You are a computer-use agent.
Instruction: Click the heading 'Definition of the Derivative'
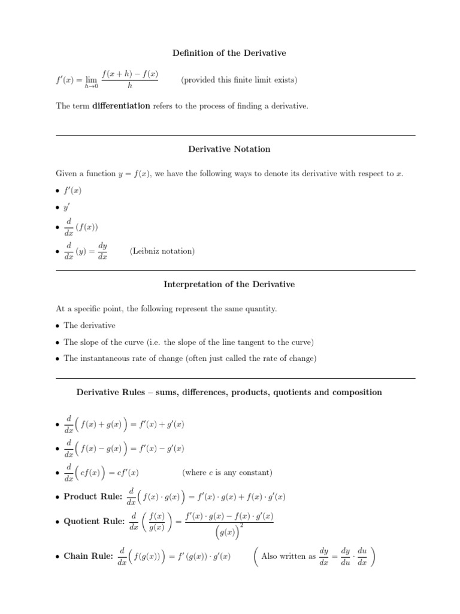tap(229, 53)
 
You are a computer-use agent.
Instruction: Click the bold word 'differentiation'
tap(121, 106)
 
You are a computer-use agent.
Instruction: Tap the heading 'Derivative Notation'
tap(229, 149)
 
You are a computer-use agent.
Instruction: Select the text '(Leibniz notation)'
tap(162, 251)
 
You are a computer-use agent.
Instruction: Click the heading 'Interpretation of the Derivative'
tap(229, 284)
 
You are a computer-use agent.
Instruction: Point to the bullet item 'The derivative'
tap(90, 325)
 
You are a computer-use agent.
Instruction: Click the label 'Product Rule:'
tap(93, 496)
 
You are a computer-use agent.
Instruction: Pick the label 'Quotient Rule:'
tap(94, 521)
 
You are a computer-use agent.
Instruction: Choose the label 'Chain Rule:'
tap(89, 556)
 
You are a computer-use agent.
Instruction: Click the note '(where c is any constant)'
tap(227, 472)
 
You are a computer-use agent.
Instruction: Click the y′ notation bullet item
tap(67, 207)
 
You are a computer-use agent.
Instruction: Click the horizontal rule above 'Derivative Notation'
tap(229, 136)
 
